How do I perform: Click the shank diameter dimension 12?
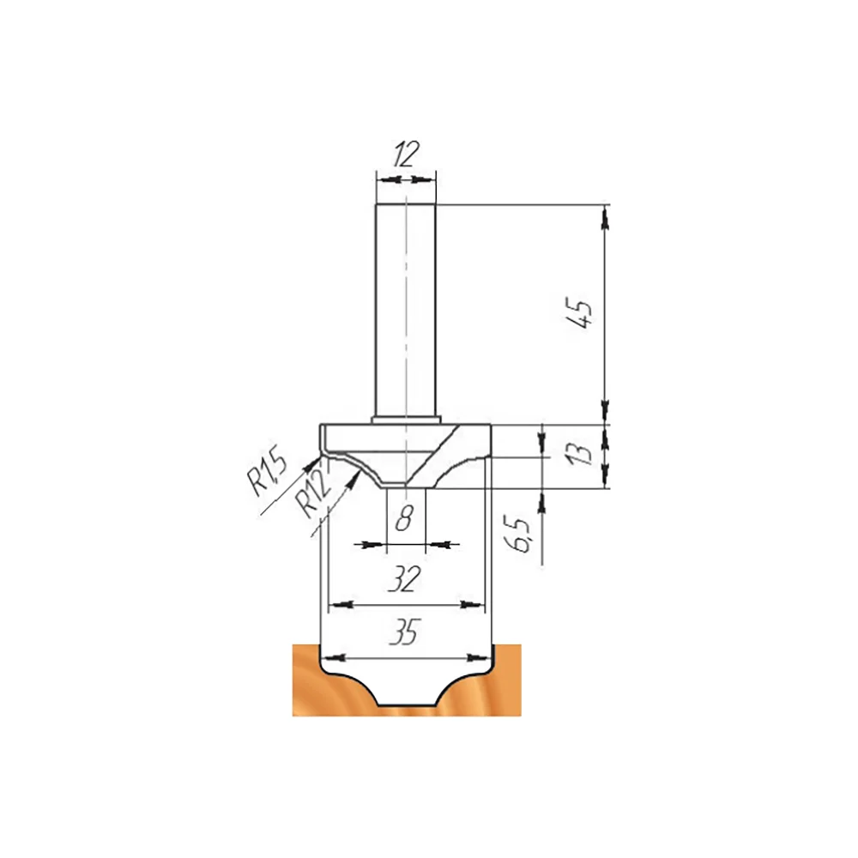(x=406, y=154)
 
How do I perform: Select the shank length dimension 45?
(x=579, y=313)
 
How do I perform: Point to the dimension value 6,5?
(x=523, y=535)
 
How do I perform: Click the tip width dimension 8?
(x=404, y=517)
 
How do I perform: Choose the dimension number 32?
(x=404, y=579)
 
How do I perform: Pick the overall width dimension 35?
(x=405, y=632)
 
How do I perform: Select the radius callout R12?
(x=313, y=495)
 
